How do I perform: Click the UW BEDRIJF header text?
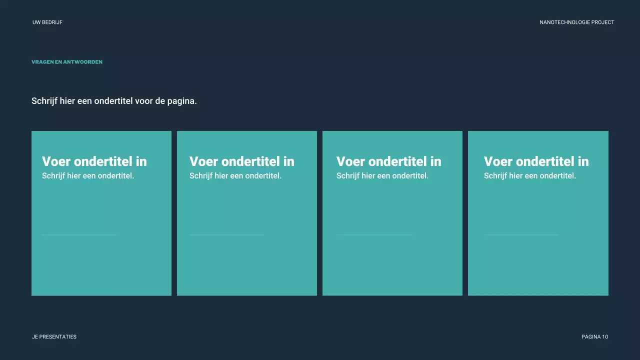(47, 22)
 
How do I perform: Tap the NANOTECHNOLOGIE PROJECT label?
(576, 22)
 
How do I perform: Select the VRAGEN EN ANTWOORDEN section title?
(67, 62)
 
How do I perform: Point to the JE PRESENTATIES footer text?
(54, 337)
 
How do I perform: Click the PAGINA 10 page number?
(594, 337)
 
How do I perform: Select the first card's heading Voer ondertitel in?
(94, 161)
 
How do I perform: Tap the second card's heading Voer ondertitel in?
(242, 161)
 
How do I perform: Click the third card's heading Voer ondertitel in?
(389, 161)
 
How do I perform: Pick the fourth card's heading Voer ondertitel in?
(536, 161)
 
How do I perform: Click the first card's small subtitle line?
(88, 176)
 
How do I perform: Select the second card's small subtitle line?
(235, 176)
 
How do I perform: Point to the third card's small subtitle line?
(382, 176)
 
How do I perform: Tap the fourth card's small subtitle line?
(530, 176)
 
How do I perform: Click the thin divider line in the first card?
(79, 234)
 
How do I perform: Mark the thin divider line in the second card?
(227, 234)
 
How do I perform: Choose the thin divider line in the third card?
(374, 234)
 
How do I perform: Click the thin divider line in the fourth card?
(521, 234)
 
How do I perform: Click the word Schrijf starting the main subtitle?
(44, 101)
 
